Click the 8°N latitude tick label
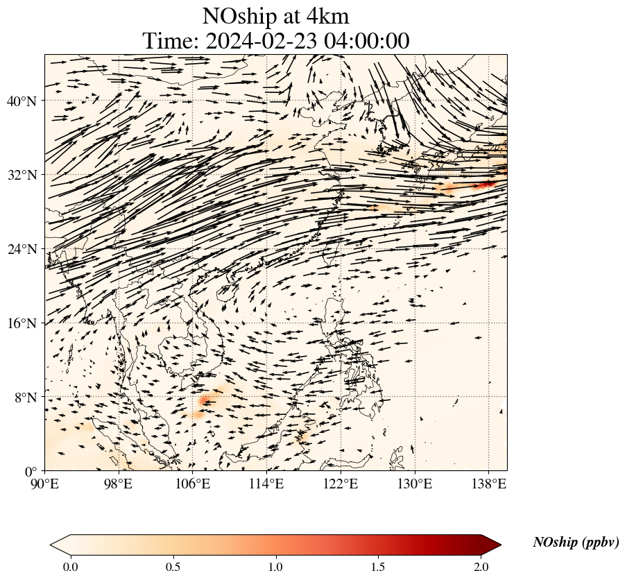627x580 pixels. (x=25, y=398)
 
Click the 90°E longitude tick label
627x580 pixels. (x=45, y=483)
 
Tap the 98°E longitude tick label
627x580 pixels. (x=119, y=483)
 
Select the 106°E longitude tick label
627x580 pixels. (x=192, y=483)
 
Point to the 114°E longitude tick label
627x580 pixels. (x=266, y=483)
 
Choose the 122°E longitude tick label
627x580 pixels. (x=341, y=483)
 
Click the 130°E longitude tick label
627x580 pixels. (x=414, y=483)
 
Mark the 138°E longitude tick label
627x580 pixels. (x=488, y=483)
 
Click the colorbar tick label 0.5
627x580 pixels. (x=173, y=567)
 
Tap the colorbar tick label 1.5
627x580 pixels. (x=378, y=567)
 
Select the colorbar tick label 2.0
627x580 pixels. (x=481, y=567)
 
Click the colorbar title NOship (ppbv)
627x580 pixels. (x=576, y=543)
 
